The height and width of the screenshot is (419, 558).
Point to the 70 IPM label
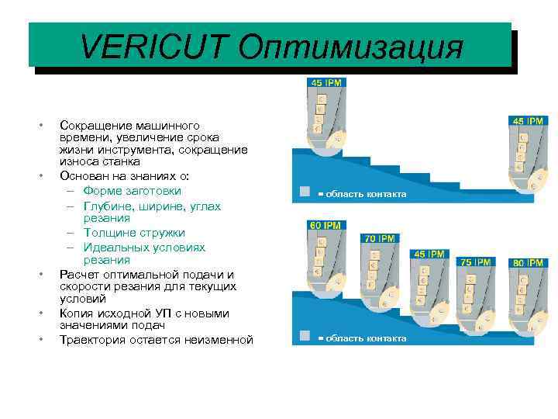tap(380, 237)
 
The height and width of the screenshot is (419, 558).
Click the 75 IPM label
tap(476, 262)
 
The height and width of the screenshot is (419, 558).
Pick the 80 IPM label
tap(528, 263)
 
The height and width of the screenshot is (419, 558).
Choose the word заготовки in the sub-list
tap(153, 190)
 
